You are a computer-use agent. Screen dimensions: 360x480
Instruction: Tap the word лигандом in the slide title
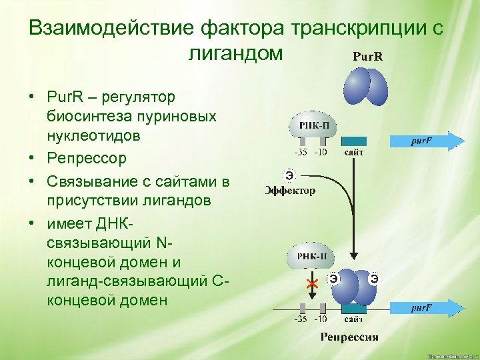tap(237, 53)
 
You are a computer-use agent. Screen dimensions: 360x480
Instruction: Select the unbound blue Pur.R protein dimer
tap(365, 87)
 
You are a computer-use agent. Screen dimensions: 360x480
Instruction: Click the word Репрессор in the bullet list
tap(87, 159)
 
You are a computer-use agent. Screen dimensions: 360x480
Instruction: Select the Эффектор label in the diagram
tap(290, 191)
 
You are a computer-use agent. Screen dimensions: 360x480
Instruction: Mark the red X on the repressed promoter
tap(311, 285)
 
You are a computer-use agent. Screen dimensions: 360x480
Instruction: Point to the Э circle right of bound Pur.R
tap(375, 278)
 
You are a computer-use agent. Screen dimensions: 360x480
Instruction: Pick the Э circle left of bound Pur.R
tap(332, 278)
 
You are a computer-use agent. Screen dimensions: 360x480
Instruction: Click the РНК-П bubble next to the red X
tap(311, 257)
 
